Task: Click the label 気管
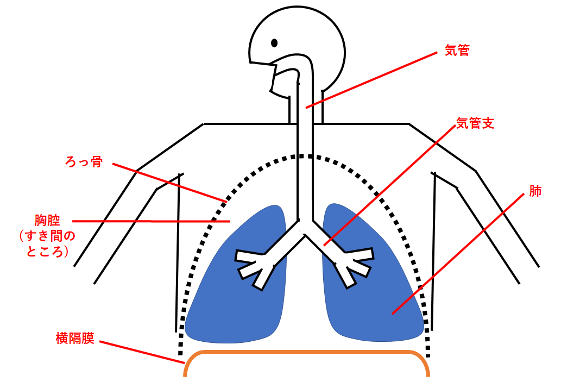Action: point(457,51)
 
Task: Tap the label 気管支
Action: point(475,123)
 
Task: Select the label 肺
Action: point(535,191)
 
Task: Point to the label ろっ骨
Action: point(83,162)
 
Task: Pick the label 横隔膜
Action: point(75,338)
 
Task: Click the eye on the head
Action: point(274,42)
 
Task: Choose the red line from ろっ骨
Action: point(168,182)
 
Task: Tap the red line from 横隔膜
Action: point(141,352)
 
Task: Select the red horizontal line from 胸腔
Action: point(152,221)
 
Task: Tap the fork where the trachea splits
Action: point(305,226)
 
